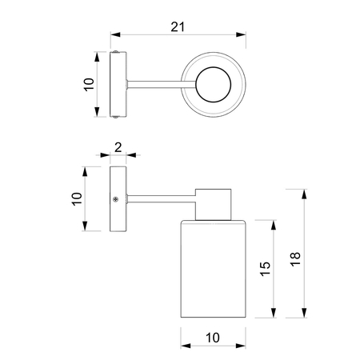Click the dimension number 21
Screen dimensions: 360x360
(x=178, y=27)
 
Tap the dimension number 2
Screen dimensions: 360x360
(x=118, y=147)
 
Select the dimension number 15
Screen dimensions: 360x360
(x=266, y=269)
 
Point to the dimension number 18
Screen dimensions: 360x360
(x=295, y=259)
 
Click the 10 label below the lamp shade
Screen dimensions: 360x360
(x=213, y=338)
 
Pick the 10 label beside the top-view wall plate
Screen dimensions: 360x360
(x=89, y=85)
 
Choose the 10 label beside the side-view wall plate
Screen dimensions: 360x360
(x=77, y=198)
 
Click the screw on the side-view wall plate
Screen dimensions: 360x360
(x=115, y=199)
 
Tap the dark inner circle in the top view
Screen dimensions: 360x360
(x=214, y=85)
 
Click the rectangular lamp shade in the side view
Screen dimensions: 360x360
(x=213, y=269)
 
